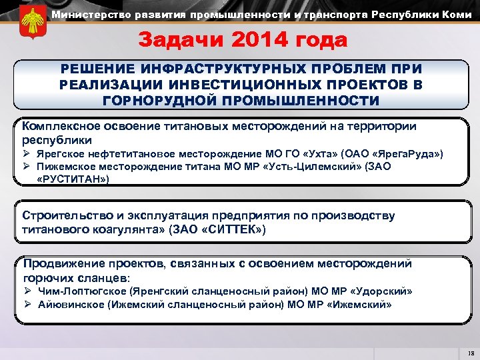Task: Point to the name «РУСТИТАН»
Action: [x=73, y=179]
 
